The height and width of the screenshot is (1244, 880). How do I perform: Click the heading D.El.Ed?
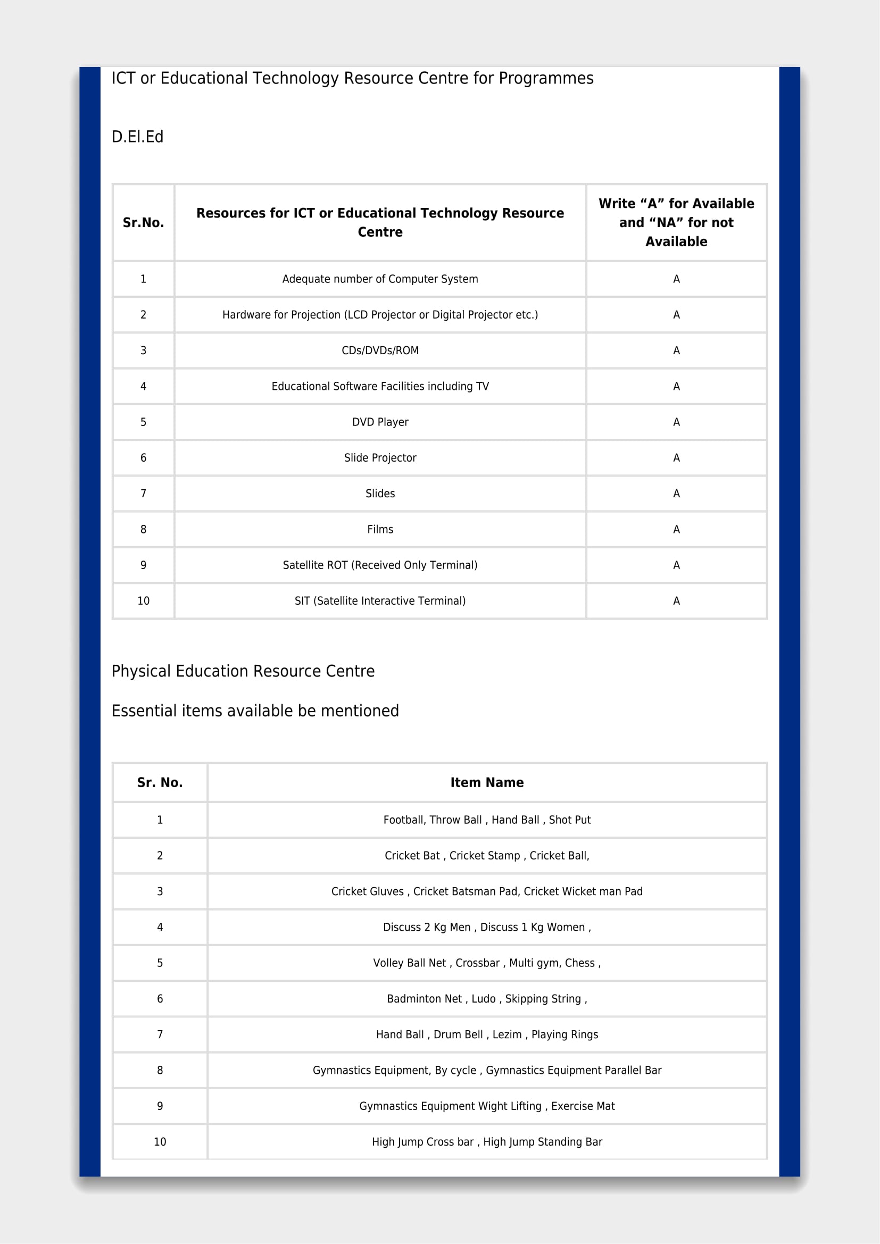pyautogui.click(x=137, y=137)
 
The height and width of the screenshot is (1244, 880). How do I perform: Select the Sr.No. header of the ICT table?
pyautogui.click(x=143, y=222)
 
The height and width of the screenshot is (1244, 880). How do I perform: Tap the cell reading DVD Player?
pyautogui.click(x=380, y=422)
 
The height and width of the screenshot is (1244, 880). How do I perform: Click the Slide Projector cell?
pyautogui.click(x=380, y=458)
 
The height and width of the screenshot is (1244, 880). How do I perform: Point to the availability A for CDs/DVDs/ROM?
pyautogui.click(x=676, y=350)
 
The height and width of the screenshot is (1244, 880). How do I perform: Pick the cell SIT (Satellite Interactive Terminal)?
pyautogui.click(x=380, y=601)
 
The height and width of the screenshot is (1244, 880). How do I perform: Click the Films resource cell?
pyautogui.click(x=380, y=529)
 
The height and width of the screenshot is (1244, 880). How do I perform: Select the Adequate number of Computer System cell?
pyautogui.click(x=380, y=279)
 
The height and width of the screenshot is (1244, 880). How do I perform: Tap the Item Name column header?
pyautogui.click(x=487, y=782)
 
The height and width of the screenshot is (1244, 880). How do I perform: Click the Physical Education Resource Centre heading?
pyautogui.click(x=243, y=671)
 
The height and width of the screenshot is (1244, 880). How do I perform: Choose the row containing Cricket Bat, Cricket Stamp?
pyautogui.click(x=487, y=856)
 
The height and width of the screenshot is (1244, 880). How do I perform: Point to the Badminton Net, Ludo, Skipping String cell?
pyautogui.click(x=487, y=999)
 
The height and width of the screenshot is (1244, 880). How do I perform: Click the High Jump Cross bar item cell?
pyautogui.click(x=487, y=1141)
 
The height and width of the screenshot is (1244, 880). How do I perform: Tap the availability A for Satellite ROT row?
pyautogui.click(x=676, y=565)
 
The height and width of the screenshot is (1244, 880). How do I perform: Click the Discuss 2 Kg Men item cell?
pyautogui.click(x=487, y=927)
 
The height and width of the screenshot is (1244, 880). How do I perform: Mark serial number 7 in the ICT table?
pyautogui.click(x=143, y=494)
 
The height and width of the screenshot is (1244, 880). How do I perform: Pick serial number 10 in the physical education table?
pyautogui.click(x=160, y=1141)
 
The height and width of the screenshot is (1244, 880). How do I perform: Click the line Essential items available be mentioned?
pyautogui.click(x=255, y=711)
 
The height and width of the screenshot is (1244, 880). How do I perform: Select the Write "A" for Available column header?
pyautogui.click(x=676, y=222)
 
